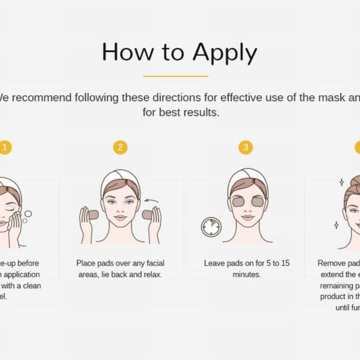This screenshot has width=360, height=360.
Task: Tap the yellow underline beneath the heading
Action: pyautogui.click(x=176, y=76)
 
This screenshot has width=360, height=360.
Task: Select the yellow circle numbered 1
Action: pyautogui.click(x=5, y=147)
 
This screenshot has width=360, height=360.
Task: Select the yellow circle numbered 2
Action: pyautogui.click(x=120, y=147)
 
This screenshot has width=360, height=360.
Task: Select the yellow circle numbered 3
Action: pyautogui.click(x=246, y=147)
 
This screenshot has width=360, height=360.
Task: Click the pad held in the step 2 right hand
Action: pyautogui.click(x=148, y=215)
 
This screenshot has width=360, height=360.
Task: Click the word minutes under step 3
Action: pyautogui.click(x=246, y=274)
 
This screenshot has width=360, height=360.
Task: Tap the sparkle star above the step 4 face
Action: pyautogui.click(x=341, y=182)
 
